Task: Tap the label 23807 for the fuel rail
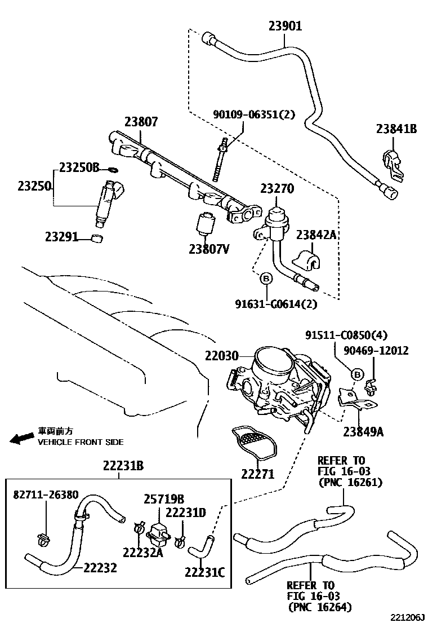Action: (x=141, y=121)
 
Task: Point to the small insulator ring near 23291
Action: (x=97, y=238)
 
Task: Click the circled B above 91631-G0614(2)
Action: (x=266, y=277)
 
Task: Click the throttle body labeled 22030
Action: (x=276, y=383)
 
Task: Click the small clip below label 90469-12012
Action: (x=371, y=386)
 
